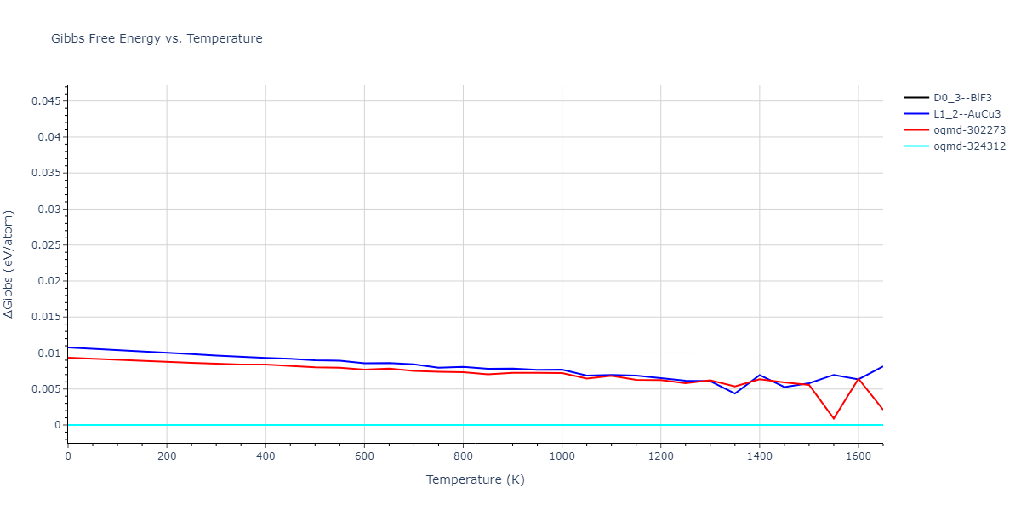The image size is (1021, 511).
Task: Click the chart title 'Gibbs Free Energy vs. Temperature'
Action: [x=157, y=38]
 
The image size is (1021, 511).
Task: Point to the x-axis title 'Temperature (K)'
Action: [x=475, y=479]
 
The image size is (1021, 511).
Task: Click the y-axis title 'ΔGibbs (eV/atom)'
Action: [x=9, y=264]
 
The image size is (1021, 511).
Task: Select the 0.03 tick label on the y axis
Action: [x=49, y=210]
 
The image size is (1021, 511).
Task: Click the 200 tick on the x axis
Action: [x=167, y=456]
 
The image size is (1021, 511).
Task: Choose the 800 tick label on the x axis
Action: [x=463, y=456]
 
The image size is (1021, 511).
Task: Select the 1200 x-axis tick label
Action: [x=660, y=456]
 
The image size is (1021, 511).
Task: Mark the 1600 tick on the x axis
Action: [x=858, y=456]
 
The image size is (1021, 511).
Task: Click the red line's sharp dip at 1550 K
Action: [x=834, y=418]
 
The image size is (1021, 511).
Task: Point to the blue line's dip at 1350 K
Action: [x=734, y=393]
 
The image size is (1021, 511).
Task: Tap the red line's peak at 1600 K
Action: [x=858, y=379]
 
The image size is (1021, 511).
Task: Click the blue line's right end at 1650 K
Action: [x=882, y=366]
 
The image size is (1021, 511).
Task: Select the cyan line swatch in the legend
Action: [x=916, y=146]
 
